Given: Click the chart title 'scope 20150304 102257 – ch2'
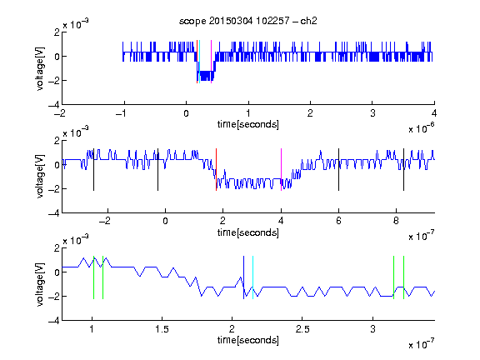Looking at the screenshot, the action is click(x=248, y=21).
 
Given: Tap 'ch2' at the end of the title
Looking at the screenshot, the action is click(x=308, y=21).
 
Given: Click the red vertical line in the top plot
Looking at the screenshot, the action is click(x=197, y=62).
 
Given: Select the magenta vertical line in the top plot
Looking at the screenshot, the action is click(x=211, y=62).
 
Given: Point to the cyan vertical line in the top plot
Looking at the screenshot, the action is click(x=200, y=62).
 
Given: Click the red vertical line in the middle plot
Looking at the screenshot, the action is click(x=216, y=170).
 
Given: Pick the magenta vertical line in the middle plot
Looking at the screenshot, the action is click(x=281, y=170).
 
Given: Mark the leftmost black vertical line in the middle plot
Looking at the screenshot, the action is click(x=93, y=170).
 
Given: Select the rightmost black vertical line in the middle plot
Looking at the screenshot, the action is click(x=403, y=170).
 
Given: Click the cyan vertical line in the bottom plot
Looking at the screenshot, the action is click(x=252, y=277).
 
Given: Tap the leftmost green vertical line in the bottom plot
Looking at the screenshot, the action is click(x=93, y=277).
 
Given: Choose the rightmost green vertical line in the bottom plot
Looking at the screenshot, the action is click(x=404, y=277).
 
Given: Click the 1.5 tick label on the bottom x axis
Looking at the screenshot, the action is click(x=162, y=329).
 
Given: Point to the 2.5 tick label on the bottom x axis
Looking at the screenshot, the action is click(x=302, y=329).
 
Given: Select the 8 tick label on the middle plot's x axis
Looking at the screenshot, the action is click(x=396, y=221).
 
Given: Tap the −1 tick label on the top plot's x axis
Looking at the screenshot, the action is click(x=122, y=113).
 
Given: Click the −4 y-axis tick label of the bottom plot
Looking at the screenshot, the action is click(x=54, y=321).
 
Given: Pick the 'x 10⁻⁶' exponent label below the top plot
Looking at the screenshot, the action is click(x=422, y=128).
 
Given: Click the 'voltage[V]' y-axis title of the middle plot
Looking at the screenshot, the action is click(x=40, y=177).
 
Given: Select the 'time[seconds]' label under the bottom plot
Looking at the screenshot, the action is click(x=248, y=340).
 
